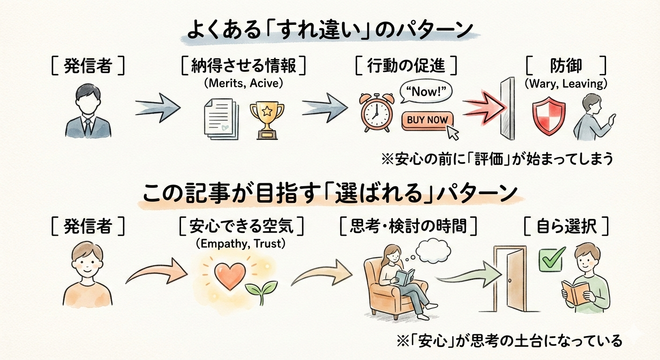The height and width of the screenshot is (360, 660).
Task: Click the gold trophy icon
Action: pos(267,120)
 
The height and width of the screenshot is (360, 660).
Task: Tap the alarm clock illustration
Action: pos(377,113)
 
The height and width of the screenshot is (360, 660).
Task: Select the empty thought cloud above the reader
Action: pos(433,251)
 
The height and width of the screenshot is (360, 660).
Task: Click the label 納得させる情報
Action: pos(244,66)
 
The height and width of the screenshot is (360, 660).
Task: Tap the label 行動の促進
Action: pos(405,66)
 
